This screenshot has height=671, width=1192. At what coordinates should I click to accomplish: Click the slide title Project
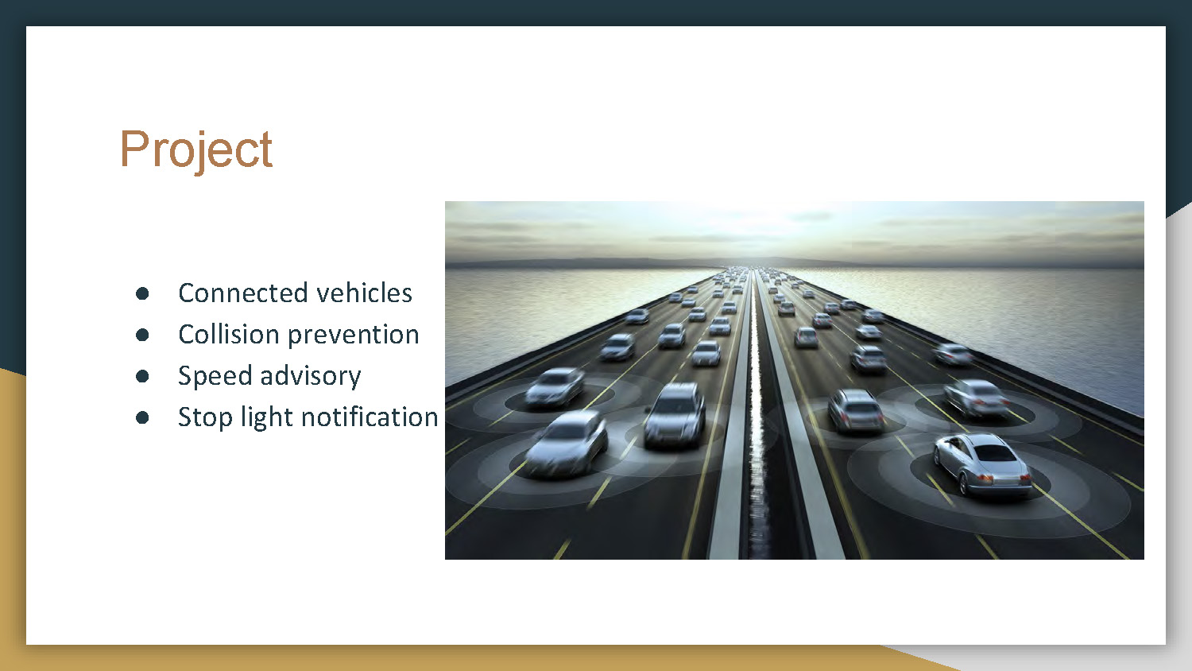195,149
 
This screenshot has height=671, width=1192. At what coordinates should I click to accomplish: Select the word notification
370,417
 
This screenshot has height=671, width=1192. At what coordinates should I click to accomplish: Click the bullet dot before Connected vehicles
142,293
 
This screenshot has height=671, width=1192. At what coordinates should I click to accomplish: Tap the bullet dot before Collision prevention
142,335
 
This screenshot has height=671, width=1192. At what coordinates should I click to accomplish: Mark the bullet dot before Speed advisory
142,376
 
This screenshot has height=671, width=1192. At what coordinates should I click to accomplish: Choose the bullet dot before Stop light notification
142,417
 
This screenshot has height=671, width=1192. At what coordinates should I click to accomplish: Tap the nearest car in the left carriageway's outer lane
567,443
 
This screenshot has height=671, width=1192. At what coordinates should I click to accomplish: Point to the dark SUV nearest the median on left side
675,413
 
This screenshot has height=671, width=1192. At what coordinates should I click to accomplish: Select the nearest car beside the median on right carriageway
855,410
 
